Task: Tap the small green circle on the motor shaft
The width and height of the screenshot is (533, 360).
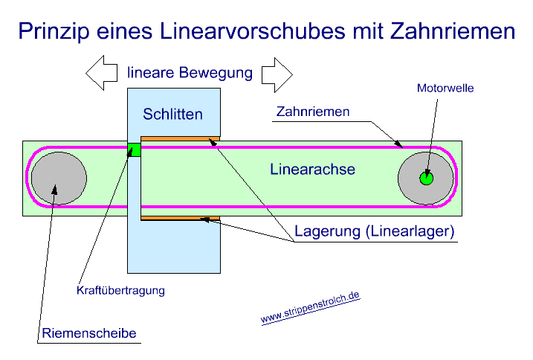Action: point(425,179)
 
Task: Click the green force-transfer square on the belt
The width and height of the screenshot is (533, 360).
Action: point(134,150)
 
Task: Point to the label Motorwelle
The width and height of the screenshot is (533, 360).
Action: point(445,88)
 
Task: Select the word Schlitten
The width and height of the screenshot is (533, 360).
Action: point(173,115)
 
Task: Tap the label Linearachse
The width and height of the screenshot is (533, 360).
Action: point(312,170)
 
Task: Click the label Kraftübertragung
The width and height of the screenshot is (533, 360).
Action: point(120,289)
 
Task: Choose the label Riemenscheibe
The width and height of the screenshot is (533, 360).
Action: point(89,333)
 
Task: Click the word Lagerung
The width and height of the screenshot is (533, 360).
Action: point(327,231)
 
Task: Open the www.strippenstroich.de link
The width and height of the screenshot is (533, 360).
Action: point(310,307)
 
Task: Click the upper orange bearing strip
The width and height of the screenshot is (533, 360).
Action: point(180,138)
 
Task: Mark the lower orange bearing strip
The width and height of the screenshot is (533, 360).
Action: point(180,218)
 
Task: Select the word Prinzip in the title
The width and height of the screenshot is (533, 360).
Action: point(51,32)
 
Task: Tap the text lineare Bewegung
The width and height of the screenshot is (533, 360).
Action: point(190,73)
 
